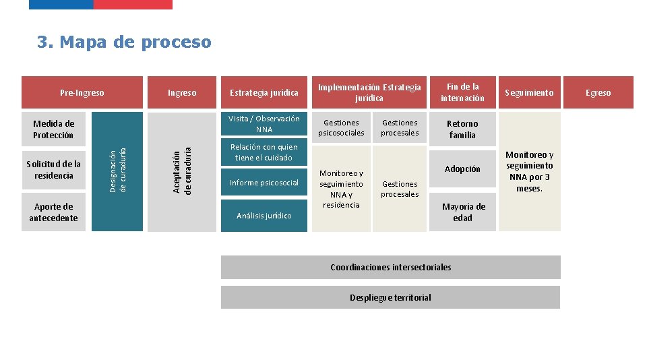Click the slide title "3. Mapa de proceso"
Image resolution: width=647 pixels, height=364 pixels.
(x=124, y=42)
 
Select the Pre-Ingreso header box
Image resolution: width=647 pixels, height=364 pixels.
(x=82, y=92)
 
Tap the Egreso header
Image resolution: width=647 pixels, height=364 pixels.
(x=598, y=92)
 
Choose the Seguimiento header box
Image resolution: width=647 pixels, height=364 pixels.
(x=529, y=92)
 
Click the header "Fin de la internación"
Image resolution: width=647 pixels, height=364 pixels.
(x=462, y=92)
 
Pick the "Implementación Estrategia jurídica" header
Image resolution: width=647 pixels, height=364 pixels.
(x=369, y=92)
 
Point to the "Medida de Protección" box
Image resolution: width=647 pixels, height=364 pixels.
(x=53, y=129)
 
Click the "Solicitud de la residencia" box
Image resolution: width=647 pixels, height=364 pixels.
(x=53, y=170)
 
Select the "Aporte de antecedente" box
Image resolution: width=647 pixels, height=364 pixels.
(x=53, y=212)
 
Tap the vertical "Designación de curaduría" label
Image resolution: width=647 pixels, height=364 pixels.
(x=117, y=171)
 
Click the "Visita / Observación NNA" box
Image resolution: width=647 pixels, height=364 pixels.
(x=264, y=124)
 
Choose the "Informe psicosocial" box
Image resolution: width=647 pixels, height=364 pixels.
(x=264, y=183)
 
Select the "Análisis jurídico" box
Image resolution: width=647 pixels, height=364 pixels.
(x=264, y=216)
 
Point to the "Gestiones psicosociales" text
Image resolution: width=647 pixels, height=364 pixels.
(x=341, y=128)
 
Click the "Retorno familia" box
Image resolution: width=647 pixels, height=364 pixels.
(x=462, y=129)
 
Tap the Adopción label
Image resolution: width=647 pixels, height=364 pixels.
(x=462, y=169)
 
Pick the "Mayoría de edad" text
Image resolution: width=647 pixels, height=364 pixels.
(x=462, y=212)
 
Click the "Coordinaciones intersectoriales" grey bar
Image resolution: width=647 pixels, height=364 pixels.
(x=391, y=267)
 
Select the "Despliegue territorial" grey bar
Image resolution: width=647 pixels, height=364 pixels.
(x=391, y=297)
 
